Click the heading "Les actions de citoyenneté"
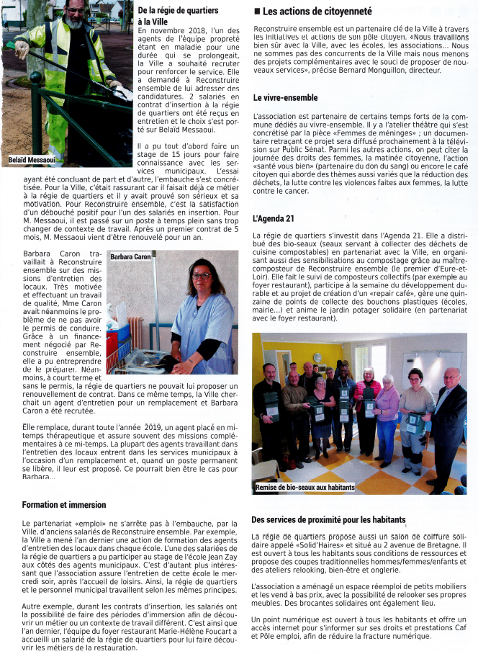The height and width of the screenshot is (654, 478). (317, 12)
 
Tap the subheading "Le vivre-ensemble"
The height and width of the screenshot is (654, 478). (286, 97)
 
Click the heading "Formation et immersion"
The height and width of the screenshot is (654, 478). (63, 505)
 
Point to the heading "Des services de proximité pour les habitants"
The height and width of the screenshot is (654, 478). (329, 519)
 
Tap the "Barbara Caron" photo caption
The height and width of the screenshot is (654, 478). (131, 256)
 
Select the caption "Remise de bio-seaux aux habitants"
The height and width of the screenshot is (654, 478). (305, 488)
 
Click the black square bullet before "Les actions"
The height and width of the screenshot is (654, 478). (257, 12)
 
